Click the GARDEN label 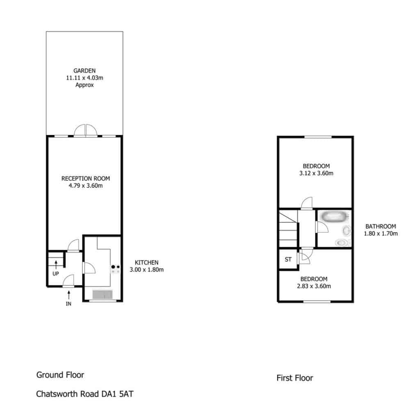tap(84, 71)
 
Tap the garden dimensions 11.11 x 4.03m tap(84, 78)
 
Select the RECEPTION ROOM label tap(86, 178)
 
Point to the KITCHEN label tap(146, 262)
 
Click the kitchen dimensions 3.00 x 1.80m tap(146, 270)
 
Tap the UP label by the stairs tap(56, 274)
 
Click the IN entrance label tap(68, 304)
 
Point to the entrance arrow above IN tap(69, 295)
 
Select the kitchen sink tap(103, 294)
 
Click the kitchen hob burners tap(116, 267)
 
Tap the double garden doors tap(86, 130)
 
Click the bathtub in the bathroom tap(334, 217)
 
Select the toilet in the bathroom tap(343, 243)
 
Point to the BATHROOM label tap(381, 226)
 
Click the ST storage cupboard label tap(288, 259)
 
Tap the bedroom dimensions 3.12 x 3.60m tap(316, 173)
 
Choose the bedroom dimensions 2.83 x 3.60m tap(314, 286)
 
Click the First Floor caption tap(294, 378)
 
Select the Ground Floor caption tap(60, 375)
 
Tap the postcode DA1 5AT tap(117, 394)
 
